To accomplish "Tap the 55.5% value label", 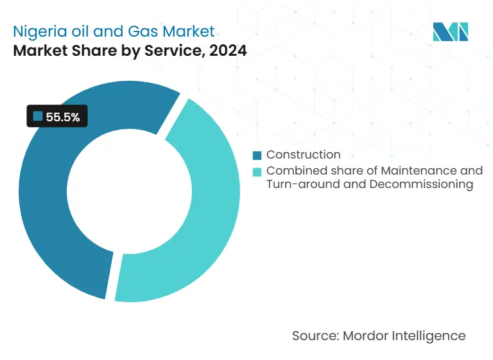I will pyautogui.click(x=63, y=117).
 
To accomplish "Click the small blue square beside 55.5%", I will pyautogui.click(x=37, y=116).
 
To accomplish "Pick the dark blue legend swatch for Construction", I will pyautogui.click(x=257, y=155).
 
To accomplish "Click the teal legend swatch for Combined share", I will pyautogui.click(x=257, y=171).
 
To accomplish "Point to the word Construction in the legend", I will pyautogui.click(x=303, y=154).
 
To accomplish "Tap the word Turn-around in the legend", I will pyautogui.click(x=297, y=185).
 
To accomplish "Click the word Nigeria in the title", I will pyautogui.click(x=37, y=31).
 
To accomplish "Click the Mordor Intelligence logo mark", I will pyautogui.click(x=451, y=31).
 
